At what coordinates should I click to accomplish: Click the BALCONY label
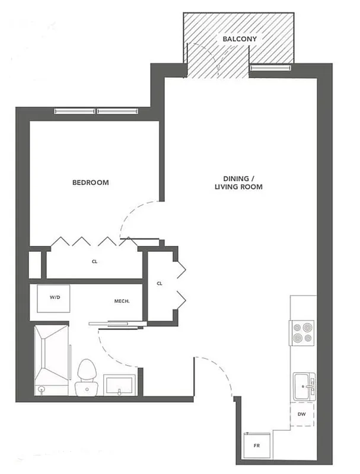(x=239, y=39)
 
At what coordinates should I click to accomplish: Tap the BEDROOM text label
(x=91, y=182)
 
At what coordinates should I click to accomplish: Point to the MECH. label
(x=122, y=301)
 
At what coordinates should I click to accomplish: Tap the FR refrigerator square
(x=256, y=444)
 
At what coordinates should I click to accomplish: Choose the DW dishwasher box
(x=301, y=415)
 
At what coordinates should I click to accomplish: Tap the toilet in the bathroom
(x=87, y=376)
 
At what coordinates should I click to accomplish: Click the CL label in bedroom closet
(x=94, y=260)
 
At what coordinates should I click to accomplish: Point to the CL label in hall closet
(x=160, y=284)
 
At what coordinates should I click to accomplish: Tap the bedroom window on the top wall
(x=97, y=111)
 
